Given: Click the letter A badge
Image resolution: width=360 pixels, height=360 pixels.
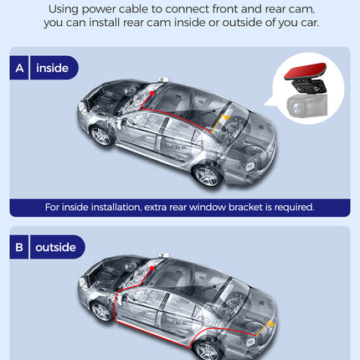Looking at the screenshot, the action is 19,68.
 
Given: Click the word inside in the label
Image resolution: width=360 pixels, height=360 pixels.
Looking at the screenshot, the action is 52,68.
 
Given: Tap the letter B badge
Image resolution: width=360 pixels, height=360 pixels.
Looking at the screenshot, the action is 19,247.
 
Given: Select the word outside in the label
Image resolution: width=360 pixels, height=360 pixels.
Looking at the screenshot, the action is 55,247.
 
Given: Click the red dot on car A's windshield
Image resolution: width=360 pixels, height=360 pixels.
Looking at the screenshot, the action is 152,93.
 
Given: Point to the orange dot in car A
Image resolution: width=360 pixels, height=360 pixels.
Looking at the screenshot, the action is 227,118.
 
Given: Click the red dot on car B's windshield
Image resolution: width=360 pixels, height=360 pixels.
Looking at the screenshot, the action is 152,268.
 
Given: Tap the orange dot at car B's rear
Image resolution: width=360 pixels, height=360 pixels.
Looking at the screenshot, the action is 271,325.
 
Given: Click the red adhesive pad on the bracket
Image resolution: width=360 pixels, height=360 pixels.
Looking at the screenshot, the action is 305,70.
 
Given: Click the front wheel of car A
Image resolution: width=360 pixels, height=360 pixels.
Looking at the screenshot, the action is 101,136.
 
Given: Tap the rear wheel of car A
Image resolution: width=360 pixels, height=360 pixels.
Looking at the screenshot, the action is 208,176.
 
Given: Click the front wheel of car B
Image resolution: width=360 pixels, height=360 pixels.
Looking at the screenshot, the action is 101,311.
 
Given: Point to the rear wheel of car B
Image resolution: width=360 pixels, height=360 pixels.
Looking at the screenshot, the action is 208,350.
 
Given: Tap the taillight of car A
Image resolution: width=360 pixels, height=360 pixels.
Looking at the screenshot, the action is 249,167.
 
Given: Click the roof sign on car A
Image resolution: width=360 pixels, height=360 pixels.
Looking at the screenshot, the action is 162,80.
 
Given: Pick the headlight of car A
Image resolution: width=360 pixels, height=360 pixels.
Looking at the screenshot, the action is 82,106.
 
